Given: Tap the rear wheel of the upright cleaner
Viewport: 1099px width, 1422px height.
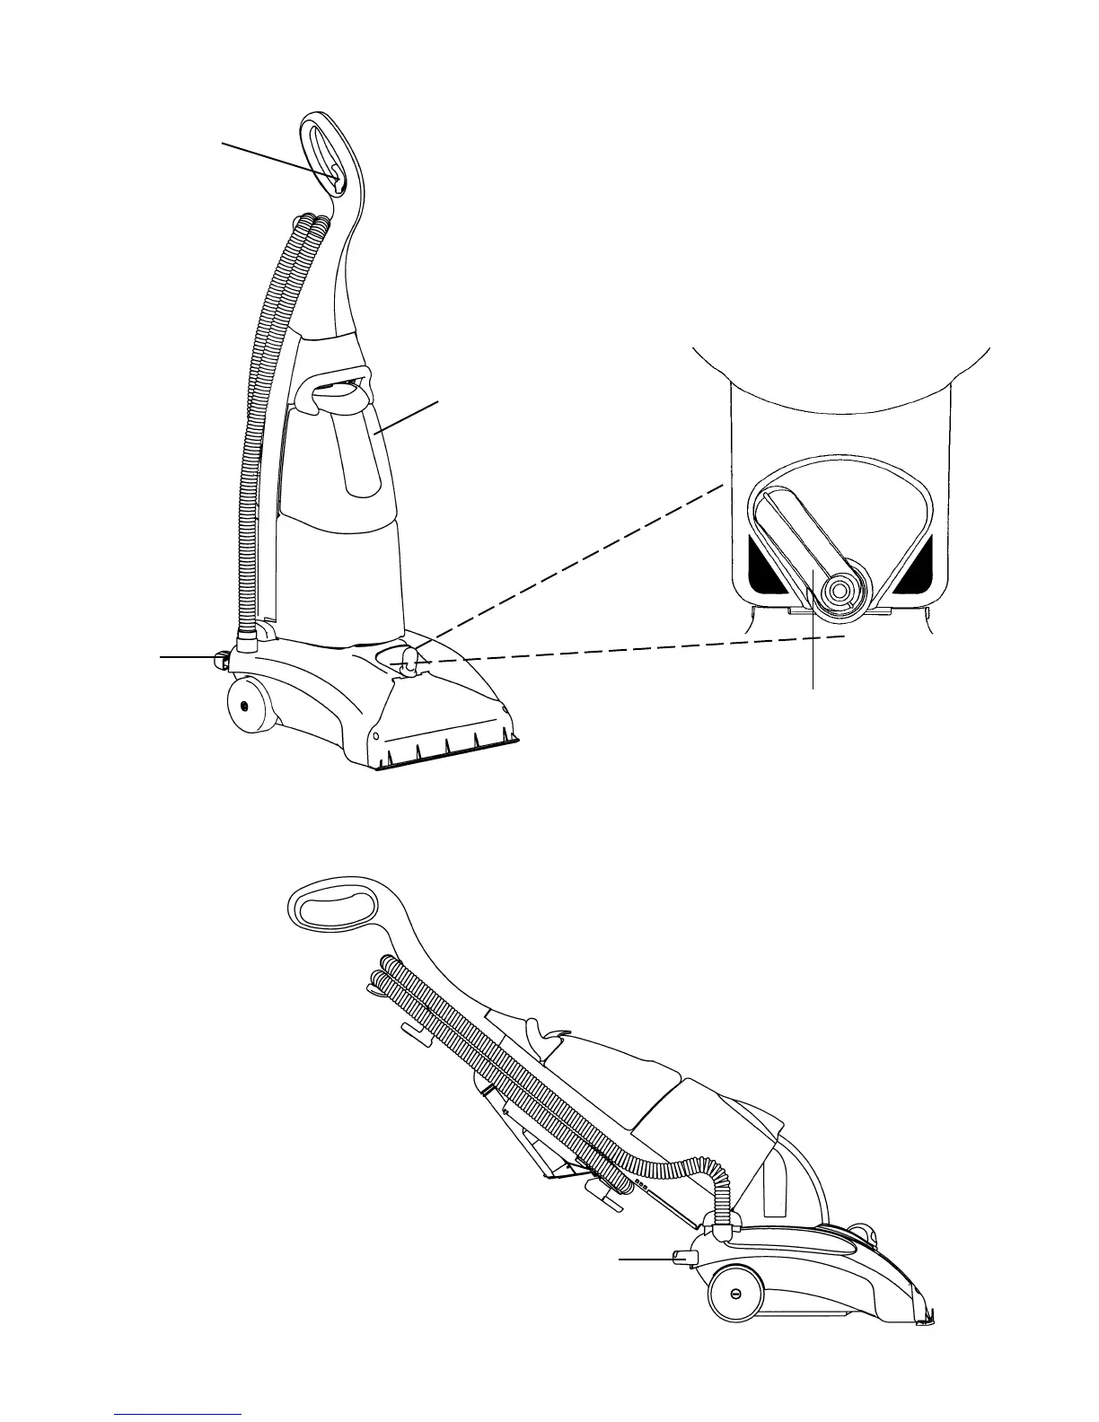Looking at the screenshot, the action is [x=243, y=704].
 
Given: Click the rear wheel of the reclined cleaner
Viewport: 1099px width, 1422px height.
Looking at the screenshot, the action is [x=735, y=1294].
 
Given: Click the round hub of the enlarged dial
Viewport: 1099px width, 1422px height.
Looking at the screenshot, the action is [x=841, y=589].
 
